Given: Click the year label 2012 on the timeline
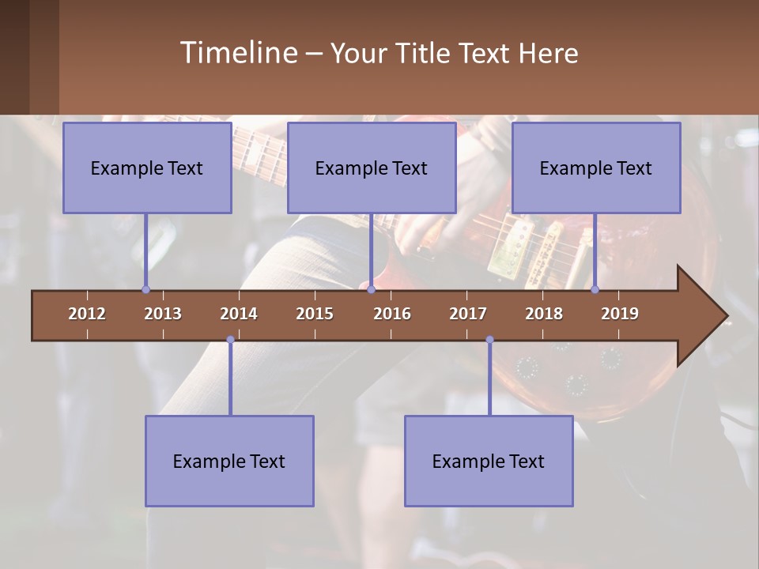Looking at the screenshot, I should (87, 314).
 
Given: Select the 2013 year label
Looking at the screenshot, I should (163, 314).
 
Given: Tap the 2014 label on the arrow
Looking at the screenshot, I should (239, 314).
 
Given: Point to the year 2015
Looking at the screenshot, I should (315, 314).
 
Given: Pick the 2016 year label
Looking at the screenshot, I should (392, 314).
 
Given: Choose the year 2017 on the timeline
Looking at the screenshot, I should (468, 314).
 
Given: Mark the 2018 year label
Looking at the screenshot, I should (544, 314).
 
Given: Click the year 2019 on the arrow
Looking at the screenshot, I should (620, 314).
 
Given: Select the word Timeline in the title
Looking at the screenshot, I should (239, 53).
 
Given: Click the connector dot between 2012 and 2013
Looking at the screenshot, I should (145, 289).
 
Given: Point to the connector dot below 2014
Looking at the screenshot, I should (230, 340).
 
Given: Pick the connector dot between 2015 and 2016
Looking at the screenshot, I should (371, 289).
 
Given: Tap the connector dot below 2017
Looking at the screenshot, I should (489, 340).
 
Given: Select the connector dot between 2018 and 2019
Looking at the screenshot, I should (595, 289).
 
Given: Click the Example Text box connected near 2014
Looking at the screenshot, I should (229, 461).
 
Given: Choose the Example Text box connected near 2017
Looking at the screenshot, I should (489, 461).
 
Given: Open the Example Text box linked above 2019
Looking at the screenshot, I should (596, 168).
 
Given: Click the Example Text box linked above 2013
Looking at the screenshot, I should (147, 168).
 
